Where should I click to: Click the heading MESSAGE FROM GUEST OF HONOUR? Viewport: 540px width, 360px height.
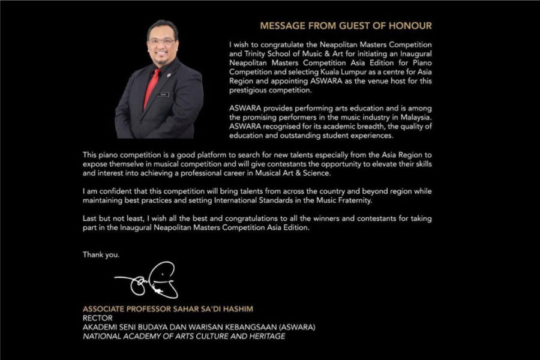pyautogui.click(x=345, y=26)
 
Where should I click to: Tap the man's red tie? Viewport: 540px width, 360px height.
pyautogui.click(x=152, y=88)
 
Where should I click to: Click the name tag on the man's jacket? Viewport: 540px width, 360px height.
pyautogui.click(x=164, y=94)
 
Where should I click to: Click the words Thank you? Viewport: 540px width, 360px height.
pyautogui.click(x=101, y=254)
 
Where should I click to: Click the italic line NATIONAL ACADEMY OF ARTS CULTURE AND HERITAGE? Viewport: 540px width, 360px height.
pyautogui.click(x=184, y=336)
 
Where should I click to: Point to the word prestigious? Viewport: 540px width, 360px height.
pyautogui.click(x=248, y=91)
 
